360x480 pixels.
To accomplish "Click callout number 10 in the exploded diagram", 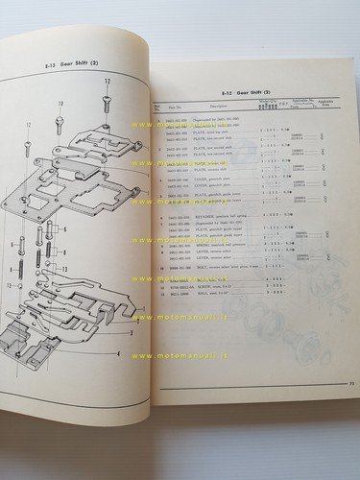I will [x=60, y=103].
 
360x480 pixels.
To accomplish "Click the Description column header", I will [x=207, y=108].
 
